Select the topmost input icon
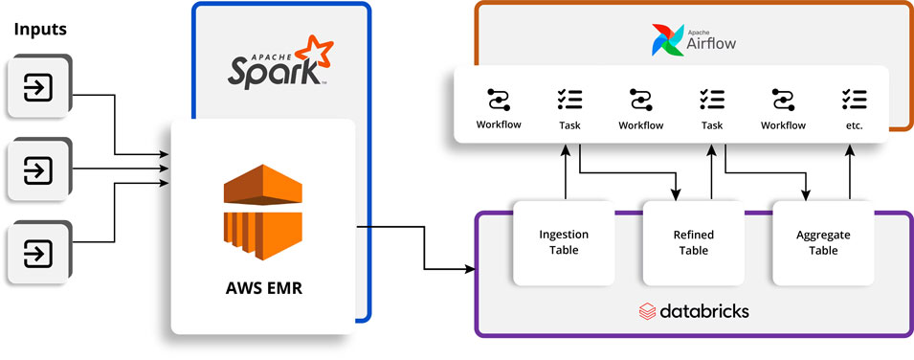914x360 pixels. [37, 89]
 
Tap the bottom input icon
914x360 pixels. [37, 254]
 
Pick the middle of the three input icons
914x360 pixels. [37, 171]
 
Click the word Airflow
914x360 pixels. [711, 44]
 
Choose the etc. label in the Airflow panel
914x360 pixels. [854, 125]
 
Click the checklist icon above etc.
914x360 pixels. [854, 99]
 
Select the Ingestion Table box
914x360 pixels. [564, 243]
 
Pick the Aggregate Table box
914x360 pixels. [823, 243]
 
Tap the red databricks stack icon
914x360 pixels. [647, 311]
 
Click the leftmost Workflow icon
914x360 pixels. [499, 99]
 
